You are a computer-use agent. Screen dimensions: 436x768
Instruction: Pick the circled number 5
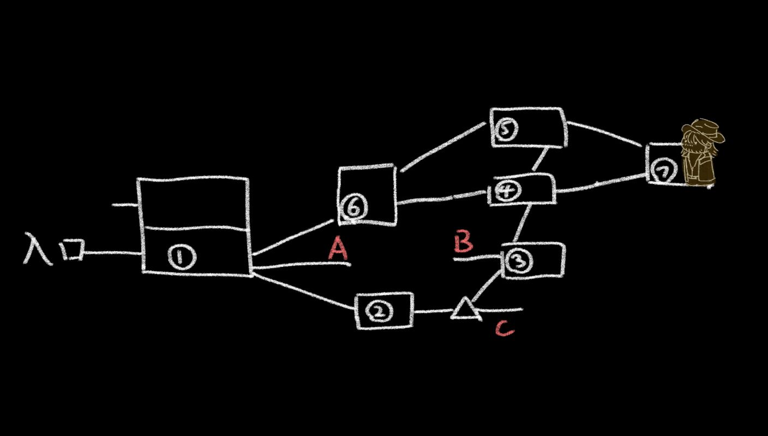pyautogui.click(x=506, y=129)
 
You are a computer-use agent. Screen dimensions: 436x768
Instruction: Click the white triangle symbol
pyautogui.click(x=465, y=309)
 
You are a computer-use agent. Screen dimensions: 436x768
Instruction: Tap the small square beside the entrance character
pyautogui.click(x=73, y=250)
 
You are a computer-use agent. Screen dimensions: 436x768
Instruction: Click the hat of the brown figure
pyautogui.click(x=704, y=130)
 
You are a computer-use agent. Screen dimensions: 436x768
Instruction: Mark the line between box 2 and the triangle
pyautogui.click(x=433, y=312)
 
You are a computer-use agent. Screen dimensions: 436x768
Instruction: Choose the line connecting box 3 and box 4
pyautogui.click(x=523, y=223)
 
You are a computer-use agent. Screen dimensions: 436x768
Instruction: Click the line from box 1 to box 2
pyautogui.click(x=303, y=292)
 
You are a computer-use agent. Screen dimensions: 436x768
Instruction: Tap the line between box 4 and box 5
pyautogui.click(x=539, y=160)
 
